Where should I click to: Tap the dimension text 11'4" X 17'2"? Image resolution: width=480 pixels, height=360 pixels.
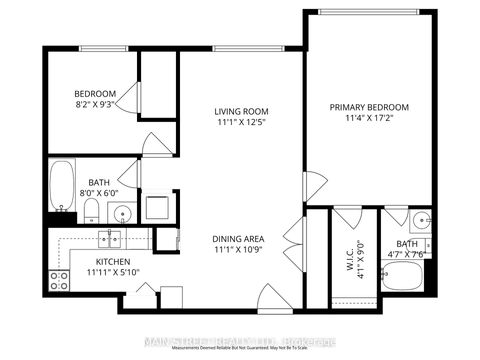coord(371,118)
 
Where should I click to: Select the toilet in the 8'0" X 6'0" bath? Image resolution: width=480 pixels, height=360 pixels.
coord(90,210)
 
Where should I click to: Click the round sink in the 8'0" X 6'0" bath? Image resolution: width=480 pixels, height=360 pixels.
coord(123,213)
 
